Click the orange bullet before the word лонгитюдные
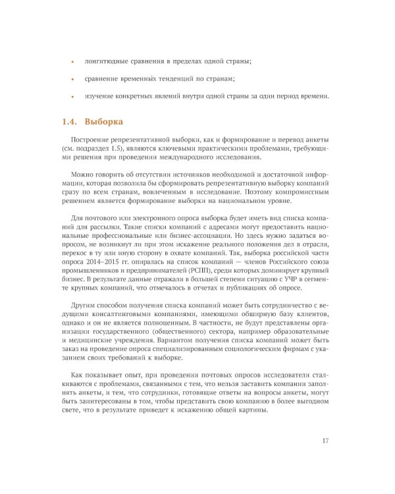pos(72,61)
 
